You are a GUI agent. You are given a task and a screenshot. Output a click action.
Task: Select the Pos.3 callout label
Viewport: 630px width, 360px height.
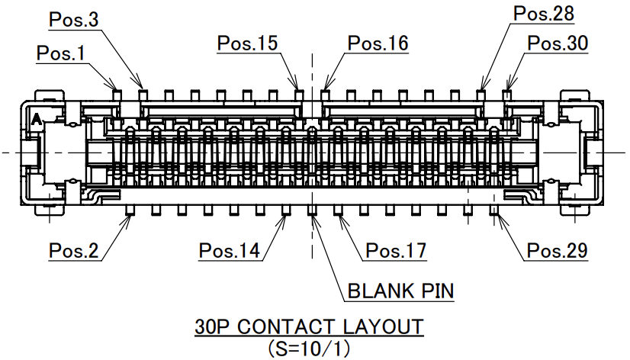point(73,20)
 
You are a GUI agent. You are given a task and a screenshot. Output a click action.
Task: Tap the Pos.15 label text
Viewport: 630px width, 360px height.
point(247,43)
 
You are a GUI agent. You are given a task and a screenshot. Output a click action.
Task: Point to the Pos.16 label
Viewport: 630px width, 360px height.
point(378,43)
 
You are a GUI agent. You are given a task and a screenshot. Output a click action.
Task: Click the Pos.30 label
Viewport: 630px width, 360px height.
point(558,43)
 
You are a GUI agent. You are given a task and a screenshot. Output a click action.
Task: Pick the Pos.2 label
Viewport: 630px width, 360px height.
point(73,249)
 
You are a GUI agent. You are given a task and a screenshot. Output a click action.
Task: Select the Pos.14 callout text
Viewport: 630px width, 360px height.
point(229,249)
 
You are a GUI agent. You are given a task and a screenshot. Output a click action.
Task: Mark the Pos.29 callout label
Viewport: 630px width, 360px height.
point(557,249)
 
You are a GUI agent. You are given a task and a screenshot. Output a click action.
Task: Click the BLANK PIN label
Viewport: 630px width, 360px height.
point(400,291)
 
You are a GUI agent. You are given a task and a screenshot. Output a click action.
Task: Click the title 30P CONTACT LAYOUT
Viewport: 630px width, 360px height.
point(309,327)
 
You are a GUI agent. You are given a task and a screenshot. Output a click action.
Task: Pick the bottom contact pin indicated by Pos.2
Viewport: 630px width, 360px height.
point(130,208)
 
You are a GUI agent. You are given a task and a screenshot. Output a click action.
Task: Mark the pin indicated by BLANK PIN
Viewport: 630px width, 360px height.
point(312,208)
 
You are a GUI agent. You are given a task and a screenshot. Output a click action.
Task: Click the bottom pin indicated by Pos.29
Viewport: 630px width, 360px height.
point(493,208)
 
